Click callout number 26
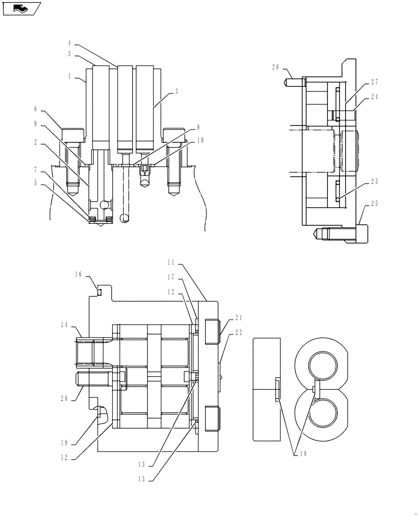pos(276,66)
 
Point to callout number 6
pos(36,109)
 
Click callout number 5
pos(36,182)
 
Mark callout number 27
pos(374,82)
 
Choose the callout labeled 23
pos(374,181)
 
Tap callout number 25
pos(374,203)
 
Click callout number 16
pos(79,276)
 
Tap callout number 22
pos(239,332)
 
